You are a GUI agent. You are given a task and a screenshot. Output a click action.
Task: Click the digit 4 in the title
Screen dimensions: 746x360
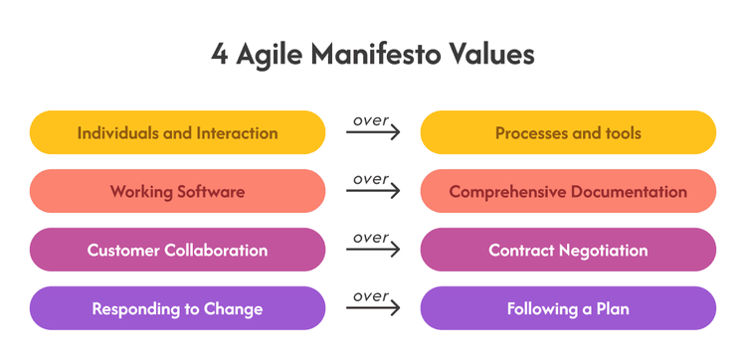219,55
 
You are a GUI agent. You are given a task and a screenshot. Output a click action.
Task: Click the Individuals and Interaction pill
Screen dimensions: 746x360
177,132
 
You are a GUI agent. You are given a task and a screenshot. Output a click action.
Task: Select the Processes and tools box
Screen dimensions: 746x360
568,132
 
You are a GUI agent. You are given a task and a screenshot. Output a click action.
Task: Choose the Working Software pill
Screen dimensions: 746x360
177,191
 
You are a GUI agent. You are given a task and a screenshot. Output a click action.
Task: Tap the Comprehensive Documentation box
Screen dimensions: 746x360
568,191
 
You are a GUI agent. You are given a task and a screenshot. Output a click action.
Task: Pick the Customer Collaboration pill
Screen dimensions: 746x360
177,250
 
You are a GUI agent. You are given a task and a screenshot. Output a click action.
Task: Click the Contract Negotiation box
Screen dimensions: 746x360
568,250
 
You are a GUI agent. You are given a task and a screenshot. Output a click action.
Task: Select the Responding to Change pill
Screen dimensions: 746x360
177,308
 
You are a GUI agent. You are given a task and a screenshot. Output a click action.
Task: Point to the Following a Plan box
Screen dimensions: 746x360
568,308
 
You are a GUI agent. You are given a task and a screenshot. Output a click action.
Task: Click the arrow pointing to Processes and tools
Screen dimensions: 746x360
373,131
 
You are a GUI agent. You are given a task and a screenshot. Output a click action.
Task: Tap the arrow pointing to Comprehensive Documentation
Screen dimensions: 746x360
373,190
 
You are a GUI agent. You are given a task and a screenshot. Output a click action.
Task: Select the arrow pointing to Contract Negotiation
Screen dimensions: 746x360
373,250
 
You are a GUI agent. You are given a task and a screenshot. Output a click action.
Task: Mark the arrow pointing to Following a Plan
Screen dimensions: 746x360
373,307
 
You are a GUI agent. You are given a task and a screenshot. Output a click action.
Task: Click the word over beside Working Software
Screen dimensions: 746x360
371,179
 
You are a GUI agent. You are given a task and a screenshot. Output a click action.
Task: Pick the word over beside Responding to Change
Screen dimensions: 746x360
371,296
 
